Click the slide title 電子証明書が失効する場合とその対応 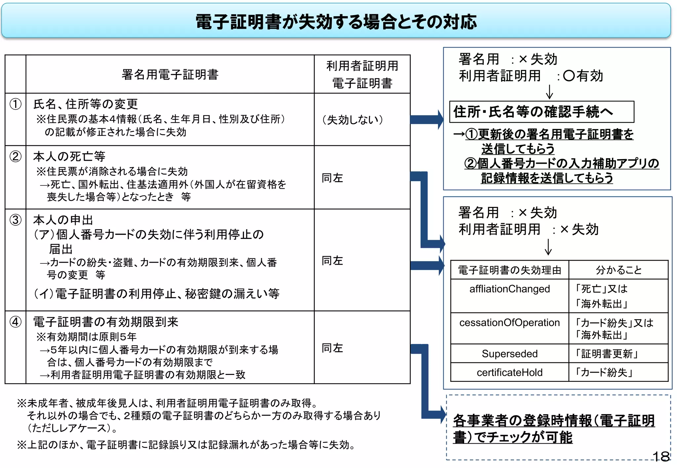tap(336, 22)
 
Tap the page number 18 tap(661, 457)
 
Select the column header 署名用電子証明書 tap(170, 75)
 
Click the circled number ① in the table tap(15, 104)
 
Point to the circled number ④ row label tap(15, 322)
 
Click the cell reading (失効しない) tap(352, 119)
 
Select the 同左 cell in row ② tap(333, 178)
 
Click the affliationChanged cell tap(509, 289)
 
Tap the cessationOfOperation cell tap(509, 322)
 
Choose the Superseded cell tap(509, 354)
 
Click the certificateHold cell tap(509, 373)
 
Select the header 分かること tap(618, 270)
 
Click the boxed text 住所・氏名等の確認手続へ tap(533, 112)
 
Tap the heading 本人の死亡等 tap(69, 156)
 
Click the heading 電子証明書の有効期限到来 tap(106, 322)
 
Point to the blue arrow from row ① tap(426, 119)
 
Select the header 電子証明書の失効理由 tap(509, 270)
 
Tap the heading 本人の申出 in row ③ tap(63, 220)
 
